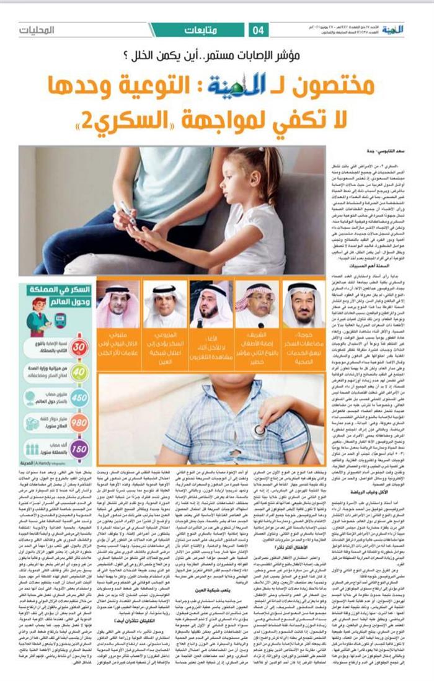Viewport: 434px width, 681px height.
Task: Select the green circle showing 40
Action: tap(79, 373)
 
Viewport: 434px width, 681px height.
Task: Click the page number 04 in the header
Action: tap(259, 30)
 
